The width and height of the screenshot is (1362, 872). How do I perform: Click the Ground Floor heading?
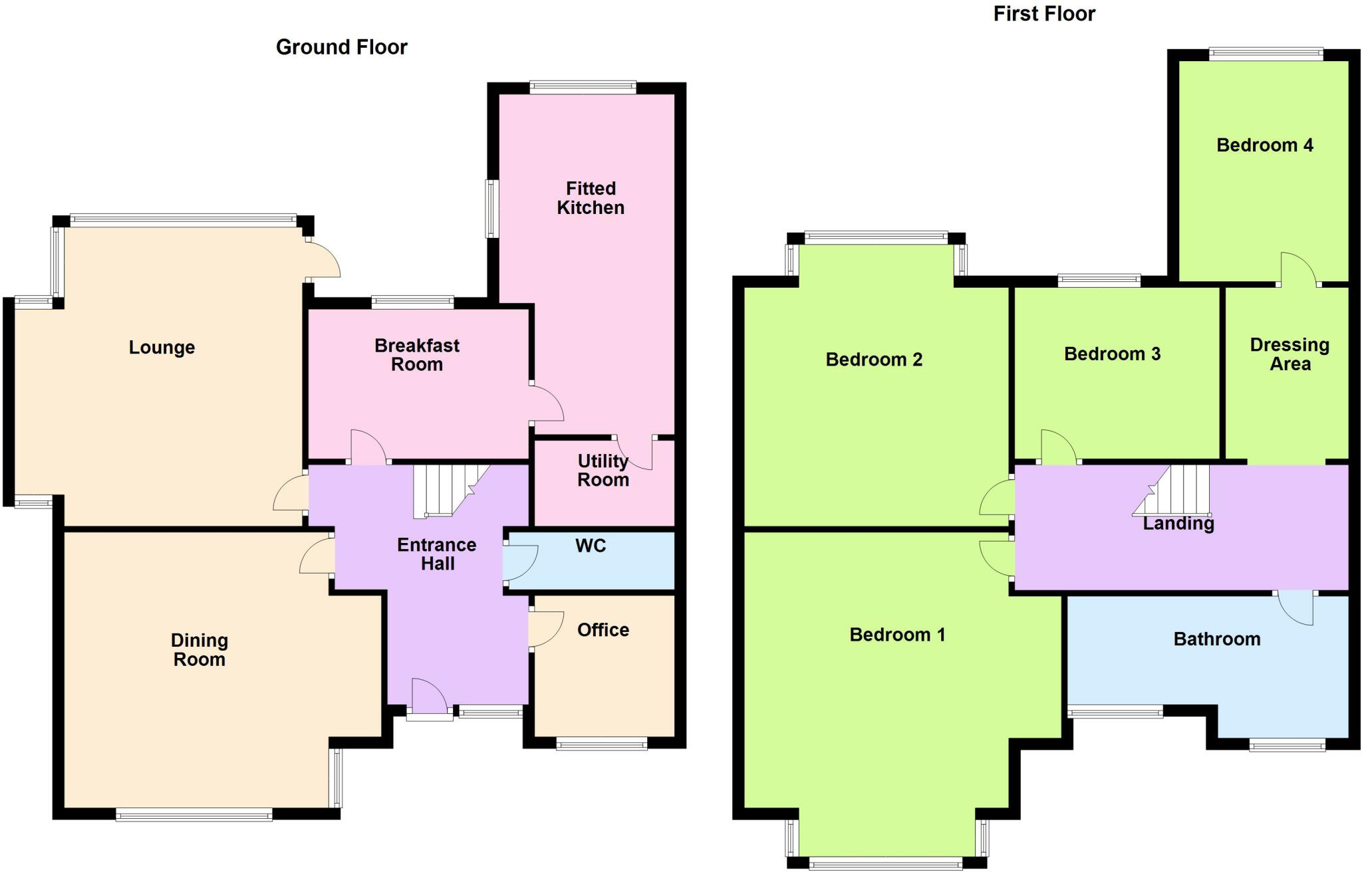click(x=341, y=47)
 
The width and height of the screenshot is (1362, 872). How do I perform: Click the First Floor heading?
click(x=1043, y=14)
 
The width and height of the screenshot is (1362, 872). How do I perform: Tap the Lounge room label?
click(x=162, y=348)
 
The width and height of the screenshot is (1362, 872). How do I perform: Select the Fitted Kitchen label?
click(x=591, y=198)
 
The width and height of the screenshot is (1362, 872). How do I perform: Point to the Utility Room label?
click(x=603, y=471)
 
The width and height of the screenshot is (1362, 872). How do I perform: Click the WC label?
click(x=591, y=546)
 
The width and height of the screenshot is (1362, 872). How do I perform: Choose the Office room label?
click(x=603, y=630)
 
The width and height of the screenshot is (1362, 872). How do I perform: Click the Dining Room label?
click(x=200, y=650)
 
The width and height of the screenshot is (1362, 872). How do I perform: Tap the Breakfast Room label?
click(x=417, y=355)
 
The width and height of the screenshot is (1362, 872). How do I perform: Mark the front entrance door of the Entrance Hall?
click(x=429, y=698)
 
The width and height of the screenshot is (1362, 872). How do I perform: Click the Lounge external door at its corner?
click(x=324, y=261)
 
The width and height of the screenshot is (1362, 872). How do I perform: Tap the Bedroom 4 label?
click(x=1264, y=146)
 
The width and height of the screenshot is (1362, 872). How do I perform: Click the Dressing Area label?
click(x=1290, y=354)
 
